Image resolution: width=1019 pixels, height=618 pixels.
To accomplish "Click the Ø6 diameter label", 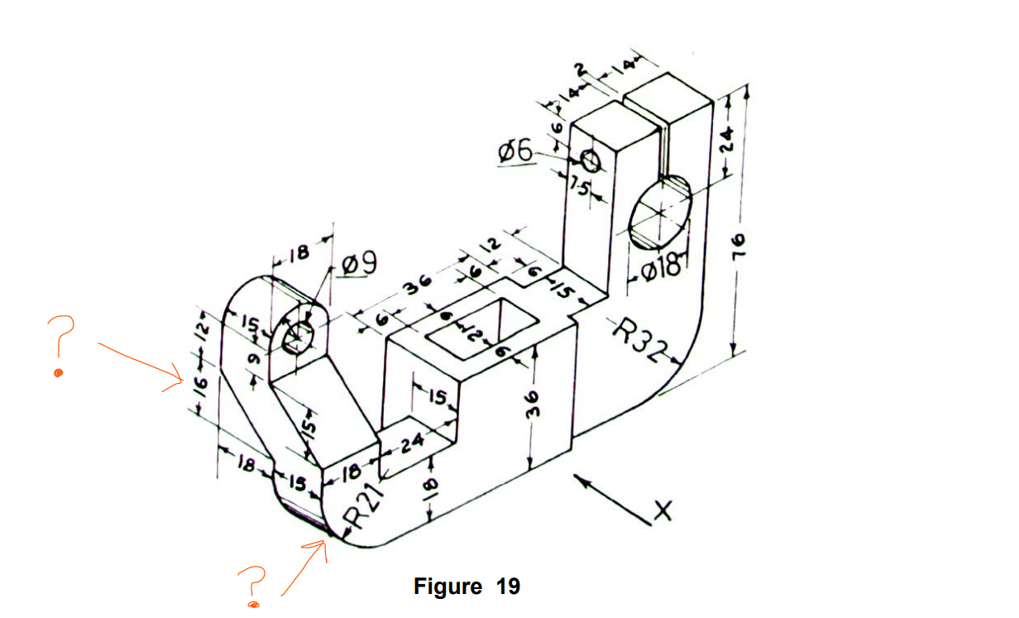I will (515, 151).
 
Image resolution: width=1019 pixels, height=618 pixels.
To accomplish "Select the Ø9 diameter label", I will (358, 265).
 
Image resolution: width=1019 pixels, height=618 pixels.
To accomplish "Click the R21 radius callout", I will (365, 505).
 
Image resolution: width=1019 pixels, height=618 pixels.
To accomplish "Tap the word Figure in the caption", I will (447, 587).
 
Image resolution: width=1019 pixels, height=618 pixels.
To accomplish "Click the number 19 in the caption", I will (508, 587).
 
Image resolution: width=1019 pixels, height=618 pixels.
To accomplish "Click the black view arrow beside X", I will (610, 494).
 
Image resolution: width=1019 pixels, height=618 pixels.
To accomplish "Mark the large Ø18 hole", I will (659, 212).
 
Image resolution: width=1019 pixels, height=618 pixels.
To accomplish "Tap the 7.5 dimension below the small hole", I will (582, 189).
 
